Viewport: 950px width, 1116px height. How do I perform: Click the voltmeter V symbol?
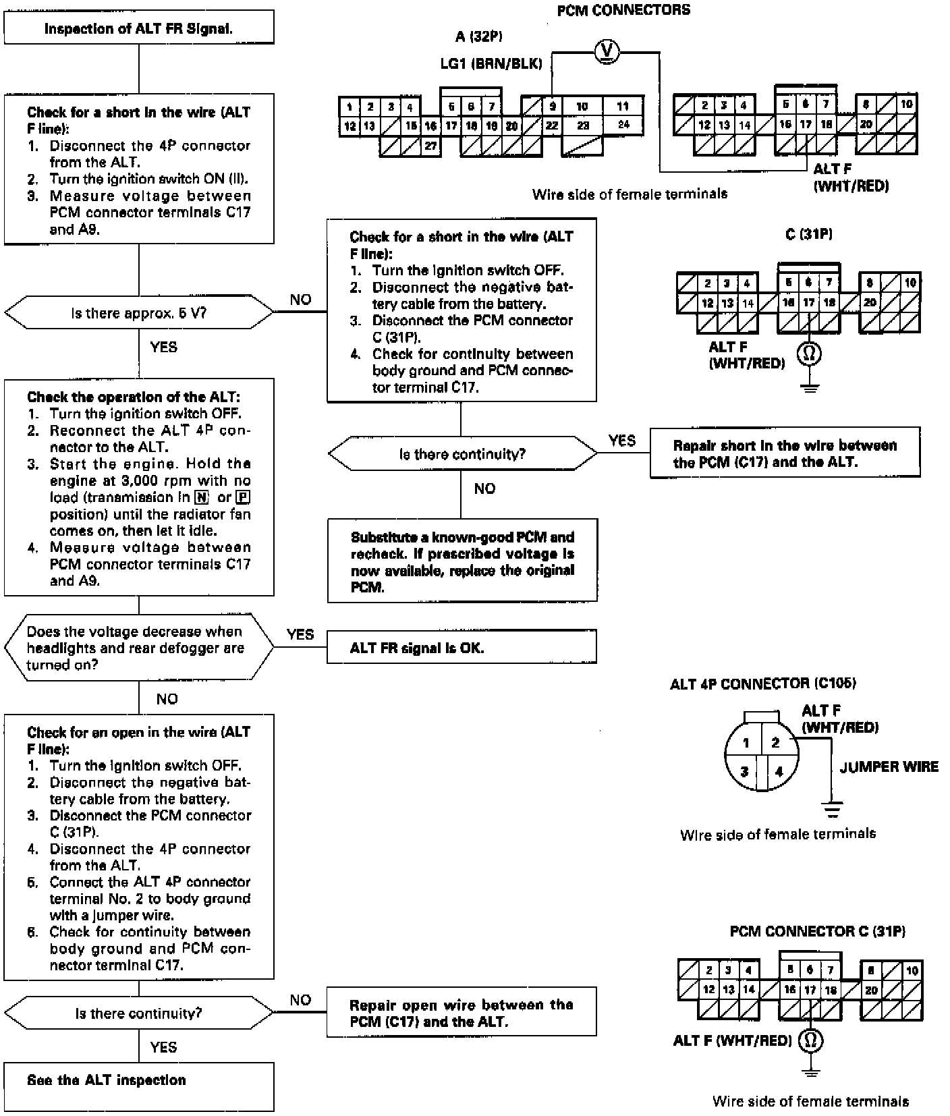(607, 51)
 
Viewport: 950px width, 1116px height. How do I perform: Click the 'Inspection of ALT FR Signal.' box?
(139, 28)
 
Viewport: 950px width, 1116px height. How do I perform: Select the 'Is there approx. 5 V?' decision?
(139, 313)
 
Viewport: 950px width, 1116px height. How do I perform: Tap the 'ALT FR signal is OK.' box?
(462, 648)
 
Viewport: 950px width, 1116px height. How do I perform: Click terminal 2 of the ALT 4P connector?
(776, 742)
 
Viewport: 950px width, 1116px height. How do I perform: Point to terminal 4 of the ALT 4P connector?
(779, 771)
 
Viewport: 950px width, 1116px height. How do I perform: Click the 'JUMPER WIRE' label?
(889, 766)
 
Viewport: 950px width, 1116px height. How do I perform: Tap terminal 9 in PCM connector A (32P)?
(552, 106)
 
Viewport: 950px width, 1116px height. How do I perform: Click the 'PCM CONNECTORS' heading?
(623, 10)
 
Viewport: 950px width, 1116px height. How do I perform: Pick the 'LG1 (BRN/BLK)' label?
(491, 64)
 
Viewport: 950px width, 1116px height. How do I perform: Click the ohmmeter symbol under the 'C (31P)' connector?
(810, 353)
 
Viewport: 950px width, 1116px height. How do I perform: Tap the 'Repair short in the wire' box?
(785, 453)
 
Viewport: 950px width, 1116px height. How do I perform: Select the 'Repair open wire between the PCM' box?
(462, 1012)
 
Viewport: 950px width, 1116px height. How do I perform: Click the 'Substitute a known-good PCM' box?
(462, 561)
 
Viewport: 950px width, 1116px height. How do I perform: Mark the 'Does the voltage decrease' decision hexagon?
(139, 648)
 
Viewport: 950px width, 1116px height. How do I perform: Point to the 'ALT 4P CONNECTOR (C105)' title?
(762, 683)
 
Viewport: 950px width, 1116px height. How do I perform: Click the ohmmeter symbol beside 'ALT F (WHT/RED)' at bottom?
(811, 1040)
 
